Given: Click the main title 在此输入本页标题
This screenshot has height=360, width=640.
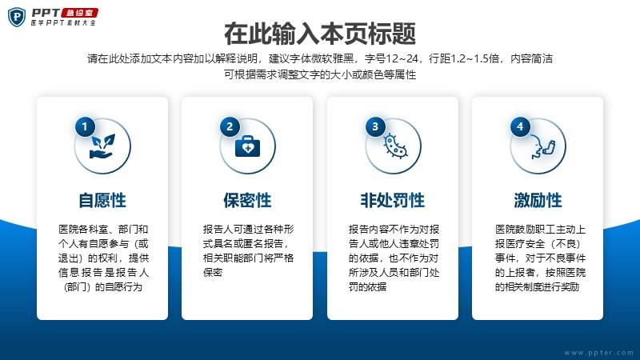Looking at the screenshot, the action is pos(320,34).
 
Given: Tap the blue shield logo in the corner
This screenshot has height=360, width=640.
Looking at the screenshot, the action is pos(17,17).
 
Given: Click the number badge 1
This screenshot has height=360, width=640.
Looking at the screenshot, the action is pos(85,126).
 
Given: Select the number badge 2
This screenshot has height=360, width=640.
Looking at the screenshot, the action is pos(230,126).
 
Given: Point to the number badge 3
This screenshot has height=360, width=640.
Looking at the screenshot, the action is pos(375,126).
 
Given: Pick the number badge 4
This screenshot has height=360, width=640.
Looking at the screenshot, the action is pos(520,126).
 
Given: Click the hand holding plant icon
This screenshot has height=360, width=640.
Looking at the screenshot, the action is pos(102,146).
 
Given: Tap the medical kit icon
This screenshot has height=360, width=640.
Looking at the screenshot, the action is pos(247,146).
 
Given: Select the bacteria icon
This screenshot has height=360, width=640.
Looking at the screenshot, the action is pos(394,146).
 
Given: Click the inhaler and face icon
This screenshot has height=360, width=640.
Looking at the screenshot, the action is pos(542,148).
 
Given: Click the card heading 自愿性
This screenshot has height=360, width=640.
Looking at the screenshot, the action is pos(102,201).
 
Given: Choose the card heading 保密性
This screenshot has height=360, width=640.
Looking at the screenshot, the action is pos(247,201).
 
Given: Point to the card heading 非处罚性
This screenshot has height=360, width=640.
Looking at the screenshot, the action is pos(393,201).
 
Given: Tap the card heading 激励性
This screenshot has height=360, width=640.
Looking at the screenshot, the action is pos(538,201).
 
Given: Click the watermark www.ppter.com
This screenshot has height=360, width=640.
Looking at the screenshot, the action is pos(598,353).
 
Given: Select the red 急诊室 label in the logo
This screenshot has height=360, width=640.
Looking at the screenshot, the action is pos(79,13).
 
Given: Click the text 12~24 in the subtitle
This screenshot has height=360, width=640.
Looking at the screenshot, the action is pos(402,58).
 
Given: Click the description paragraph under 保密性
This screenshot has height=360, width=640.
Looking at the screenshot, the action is pos(248,250).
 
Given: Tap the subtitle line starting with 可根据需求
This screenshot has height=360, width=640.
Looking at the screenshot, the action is pos(320,74).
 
